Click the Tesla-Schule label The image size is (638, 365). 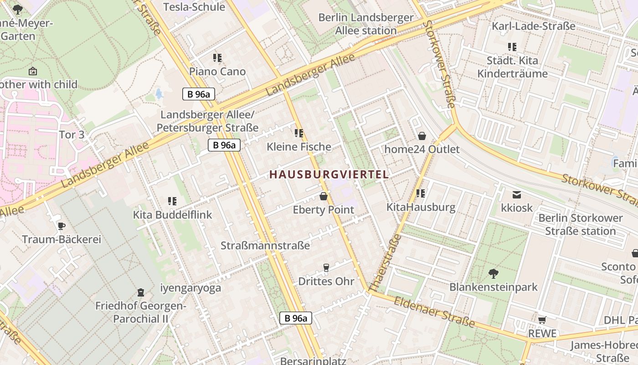pos(194,7)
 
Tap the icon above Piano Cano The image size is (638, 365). pos(217,58)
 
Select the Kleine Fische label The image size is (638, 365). pos(299,147)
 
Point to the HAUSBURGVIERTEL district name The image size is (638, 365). pos(329,174)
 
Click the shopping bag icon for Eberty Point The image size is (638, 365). pos(324,196)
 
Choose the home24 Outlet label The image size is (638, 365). pos(422,149)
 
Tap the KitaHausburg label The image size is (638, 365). pos(421,207)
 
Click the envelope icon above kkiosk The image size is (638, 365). pos(517,195)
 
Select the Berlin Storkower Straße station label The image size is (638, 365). pos(580,224)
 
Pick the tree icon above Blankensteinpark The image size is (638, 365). pos(493,274)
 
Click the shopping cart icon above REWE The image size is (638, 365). pos(542,320)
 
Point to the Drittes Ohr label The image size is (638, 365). pos(326,281)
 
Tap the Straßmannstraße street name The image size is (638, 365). pos(265,245)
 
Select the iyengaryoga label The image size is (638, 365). pos(190,288)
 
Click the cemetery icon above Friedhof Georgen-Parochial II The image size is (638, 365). pos(140,292)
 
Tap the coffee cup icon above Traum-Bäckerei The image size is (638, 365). pos(62,226)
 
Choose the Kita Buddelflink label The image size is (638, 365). pos(172,214)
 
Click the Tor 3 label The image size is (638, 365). pos(72,135)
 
